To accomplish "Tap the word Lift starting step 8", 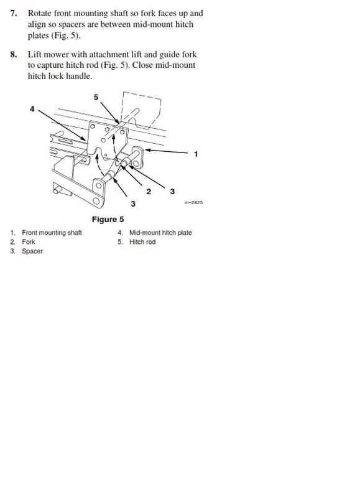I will [35, 54].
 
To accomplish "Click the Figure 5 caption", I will [108, 219].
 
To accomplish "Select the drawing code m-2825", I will [193, 203].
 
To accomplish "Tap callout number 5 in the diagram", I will [96, 97].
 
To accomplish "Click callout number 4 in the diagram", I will [32, 108].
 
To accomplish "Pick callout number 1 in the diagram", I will [196, 154].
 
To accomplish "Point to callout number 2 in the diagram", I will [149, 192].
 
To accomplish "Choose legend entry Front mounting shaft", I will [52, 233].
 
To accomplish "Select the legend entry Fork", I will [29, 242].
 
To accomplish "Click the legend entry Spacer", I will [32, 251].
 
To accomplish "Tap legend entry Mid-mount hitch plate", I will [160, 233].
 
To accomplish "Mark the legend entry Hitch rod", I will [142, 242].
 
